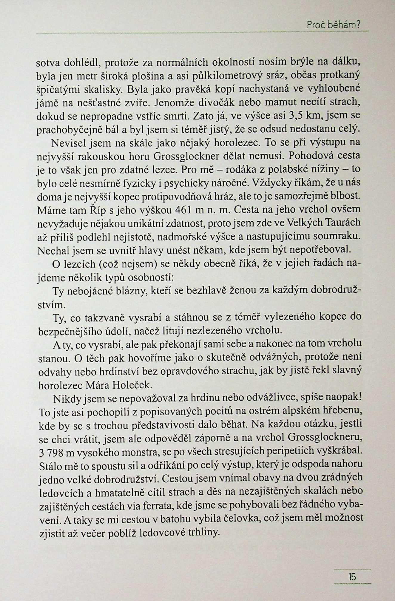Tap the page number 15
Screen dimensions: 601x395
pos(352,577)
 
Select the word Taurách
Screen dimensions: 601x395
pos(341,223)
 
